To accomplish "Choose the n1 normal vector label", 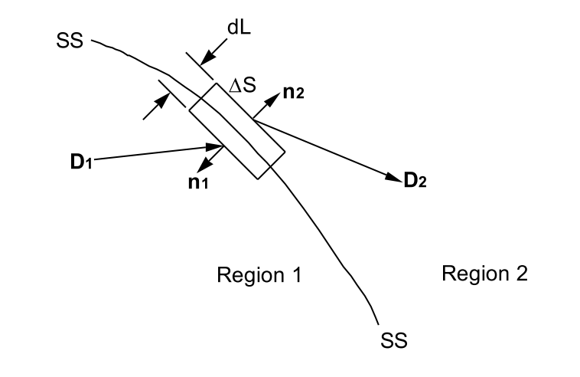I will pyautogui.click(x=200, y=185).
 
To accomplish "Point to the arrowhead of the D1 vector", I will pyautogui.click(x=217, y=146).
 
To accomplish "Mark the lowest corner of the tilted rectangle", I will pyautogui.click(x=262, y=179).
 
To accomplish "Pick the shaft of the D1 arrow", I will pyautogui.click(x=153, y=153).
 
